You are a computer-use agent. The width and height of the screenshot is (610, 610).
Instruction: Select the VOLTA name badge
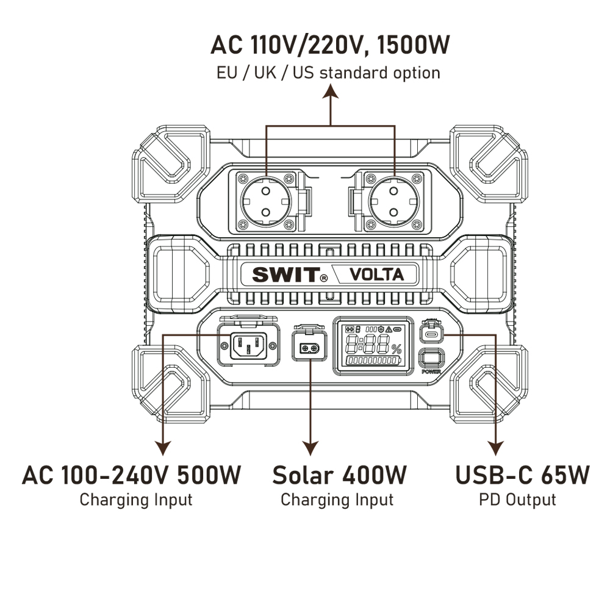(x=376, y=274)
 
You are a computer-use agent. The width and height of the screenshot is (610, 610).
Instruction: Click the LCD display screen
(x=371, y=345)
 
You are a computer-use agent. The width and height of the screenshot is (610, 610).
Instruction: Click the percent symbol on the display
(x=396, y=349)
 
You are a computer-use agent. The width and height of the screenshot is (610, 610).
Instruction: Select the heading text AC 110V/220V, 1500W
(x=330, y=45)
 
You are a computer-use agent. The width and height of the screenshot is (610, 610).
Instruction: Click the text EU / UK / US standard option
(x=328, y=73)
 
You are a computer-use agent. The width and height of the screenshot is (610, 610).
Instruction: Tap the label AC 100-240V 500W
(x=132, y=475)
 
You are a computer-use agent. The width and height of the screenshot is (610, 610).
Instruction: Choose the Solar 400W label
(x=339, y=475)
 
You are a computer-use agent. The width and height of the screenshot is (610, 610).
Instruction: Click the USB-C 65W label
(x=523, y=475)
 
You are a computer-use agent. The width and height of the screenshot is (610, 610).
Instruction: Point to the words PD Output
(x=517, y=500)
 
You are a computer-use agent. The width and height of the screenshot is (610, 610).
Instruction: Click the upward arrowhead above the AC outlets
(x=330, y=91)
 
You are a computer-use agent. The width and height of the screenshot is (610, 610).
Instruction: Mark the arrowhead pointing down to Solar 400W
(x=311, y=448)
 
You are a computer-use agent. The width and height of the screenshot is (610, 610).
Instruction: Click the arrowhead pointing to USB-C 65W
(x=495, y=448)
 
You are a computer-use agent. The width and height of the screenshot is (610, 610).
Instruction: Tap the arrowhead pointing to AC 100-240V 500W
(x=163, y=448)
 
